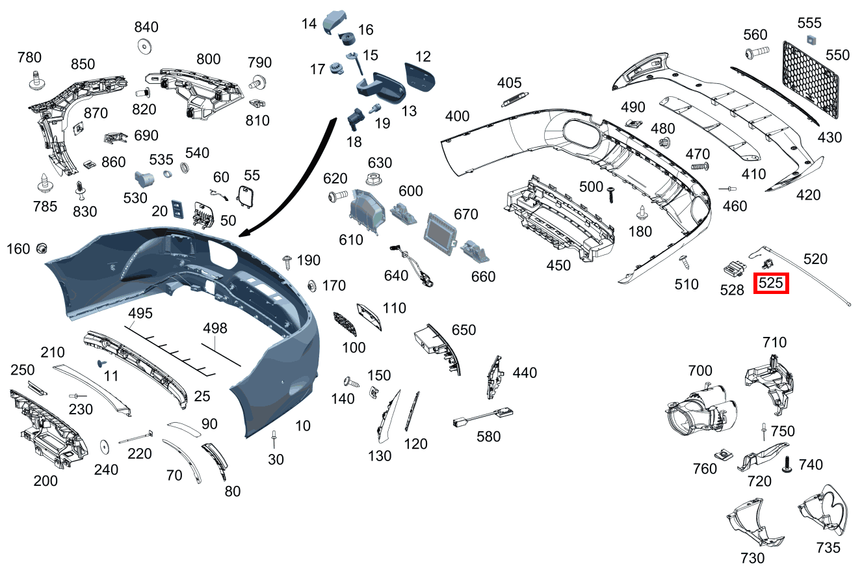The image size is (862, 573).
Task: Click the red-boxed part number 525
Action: pos(770,284)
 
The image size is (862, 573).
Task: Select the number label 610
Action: pos(351,240)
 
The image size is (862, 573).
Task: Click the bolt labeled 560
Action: pos(756,51)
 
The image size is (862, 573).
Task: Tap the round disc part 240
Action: pos(103,447)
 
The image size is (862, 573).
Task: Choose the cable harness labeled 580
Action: pos(482,416)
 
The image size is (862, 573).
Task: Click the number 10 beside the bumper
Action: pos(302,426)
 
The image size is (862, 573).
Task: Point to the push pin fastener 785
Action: pos(46,182)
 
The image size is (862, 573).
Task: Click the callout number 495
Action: pos(140,313)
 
